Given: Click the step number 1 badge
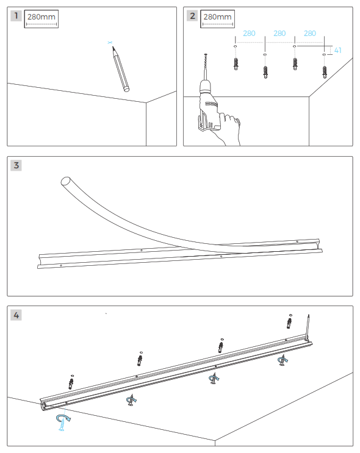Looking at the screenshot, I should coord(16,16).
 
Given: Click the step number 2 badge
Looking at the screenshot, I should coord(193,16).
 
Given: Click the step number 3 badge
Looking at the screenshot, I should coord(16,165).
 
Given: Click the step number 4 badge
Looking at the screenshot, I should coord(16,315).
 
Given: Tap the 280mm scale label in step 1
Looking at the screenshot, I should coord(41,18).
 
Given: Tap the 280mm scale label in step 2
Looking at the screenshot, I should coord(218,17).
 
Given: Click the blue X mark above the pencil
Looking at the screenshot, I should coord(110,43).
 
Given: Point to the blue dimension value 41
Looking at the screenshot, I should coord(338,50).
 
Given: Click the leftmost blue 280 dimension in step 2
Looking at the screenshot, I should coord(249,34).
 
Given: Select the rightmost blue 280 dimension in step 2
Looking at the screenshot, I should coord(310,34).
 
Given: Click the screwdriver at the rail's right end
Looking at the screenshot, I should coord(309,326).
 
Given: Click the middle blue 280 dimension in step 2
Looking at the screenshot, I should coord(279,34).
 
